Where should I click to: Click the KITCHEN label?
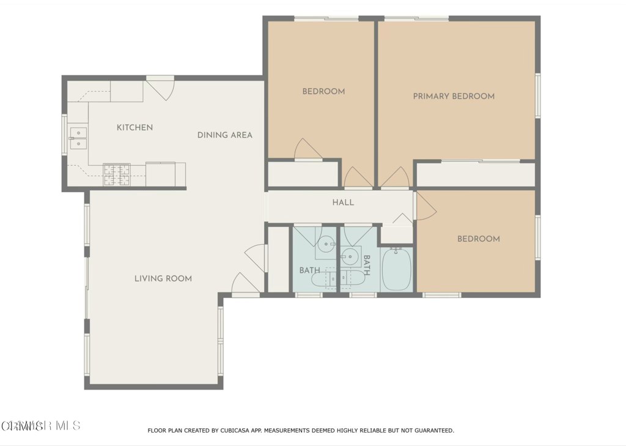coord(134,127)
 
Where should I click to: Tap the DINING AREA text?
coord(224,135)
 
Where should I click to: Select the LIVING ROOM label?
coord(163,278)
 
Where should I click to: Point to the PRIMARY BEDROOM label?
coord(454,96)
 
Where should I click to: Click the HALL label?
coord(343,203)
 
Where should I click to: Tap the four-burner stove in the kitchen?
coord(116,174)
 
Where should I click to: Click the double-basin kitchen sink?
coord(78,138)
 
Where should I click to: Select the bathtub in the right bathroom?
coord(397,269)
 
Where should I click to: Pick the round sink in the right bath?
coord(350,255)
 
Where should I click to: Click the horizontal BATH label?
coord(309,270)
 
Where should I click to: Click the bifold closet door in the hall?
coord(402,219)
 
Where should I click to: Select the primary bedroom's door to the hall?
coord(395,178)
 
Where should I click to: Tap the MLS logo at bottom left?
coord(40,425)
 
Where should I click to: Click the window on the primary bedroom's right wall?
coord(538,95)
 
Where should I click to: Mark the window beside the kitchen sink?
coord(64,135)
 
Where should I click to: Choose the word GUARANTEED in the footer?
coord(432,431)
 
